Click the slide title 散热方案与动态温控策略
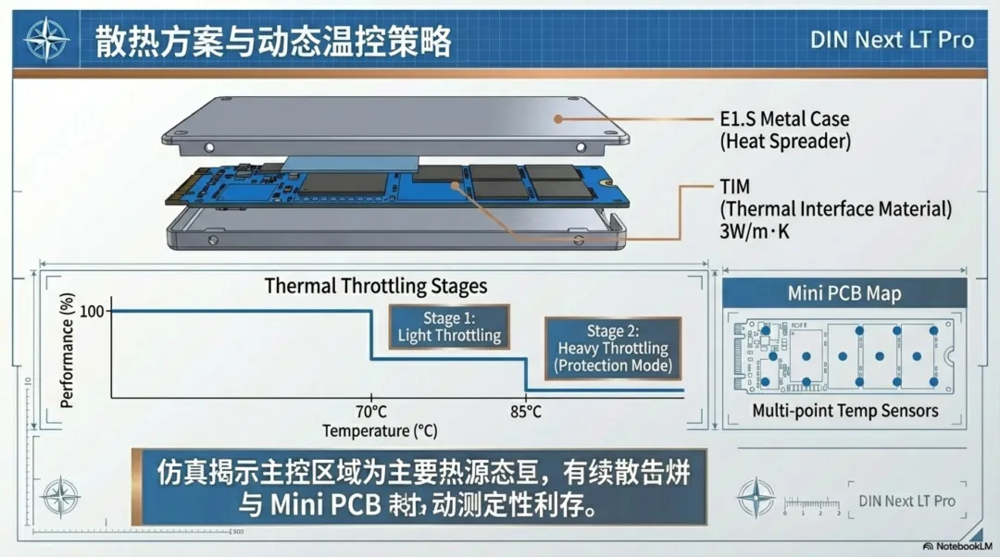click(x=273, y=42)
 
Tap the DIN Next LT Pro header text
click(x=892, y=40)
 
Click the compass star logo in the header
click(x=46, y=40)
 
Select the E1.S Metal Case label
click(x=783, y=119)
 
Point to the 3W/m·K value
click(x=755, y=231)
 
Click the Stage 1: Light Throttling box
click(x=449, y=328)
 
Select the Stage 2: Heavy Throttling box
click(x=612, y=348)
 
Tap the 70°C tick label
click(x=370, y=412)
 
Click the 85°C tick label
click(x=525, y=412)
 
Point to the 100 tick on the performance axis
click(x=92, y=311)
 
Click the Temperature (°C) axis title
click(x=380, y=431)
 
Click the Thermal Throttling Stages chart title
click(x=376, y=285)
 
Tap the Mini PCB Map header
click(x=844, y=293)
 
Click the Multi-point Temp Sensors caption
click(x=844, y=411)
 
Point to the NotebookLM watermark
click(x=960, y=547)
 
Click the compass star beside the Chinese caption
click(x=60, y=496)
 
